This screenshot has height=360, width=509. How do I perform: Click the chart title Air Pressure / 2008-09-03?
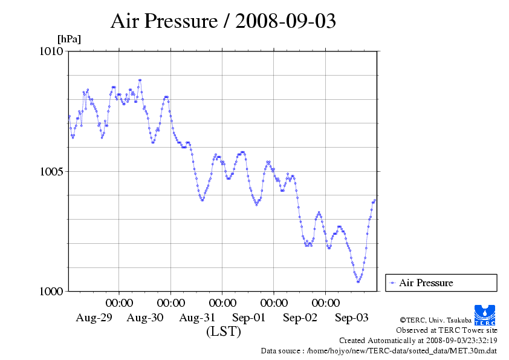pyautogui.click(x=223, y=21)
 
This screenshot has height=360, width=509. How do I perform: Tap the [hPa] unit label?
pyautogui.click(x=69, y=39)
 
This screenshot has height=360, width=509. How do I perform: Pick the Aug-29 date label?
pyautogui.click(x=94, y=318)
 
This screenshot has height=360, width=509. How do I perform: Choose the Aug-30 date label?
pyautogui.click(x=145, y=318)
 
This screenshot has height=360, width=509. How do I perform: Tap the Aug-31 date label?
pyautogui.click(x=197, y=318)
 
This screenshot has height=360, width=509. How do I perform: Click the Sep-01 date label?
pyautogui.click(x=248, y=318)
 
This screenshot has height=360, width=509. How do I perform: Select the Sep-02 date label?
pyautogui.click(x=300, y=318)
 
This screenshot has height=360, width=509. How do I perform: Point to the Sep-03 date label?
pyautogui.click(x=351, y=318)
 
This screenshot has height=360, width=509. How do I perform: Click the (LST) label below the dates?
pyautogui.click(x=223, y=332)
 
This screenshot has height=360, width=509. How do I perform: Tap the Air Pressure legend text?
pyautogui.click(x=426, y=283)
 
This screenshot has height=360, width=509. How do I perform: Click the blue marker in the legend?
pyautogui.click(x=392, y=283)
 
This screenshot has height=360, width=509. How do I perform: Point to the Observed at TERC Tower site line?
pyautogui.click(x=446, y=330)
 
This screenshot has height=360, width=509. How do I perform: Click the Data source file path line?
pyautogui.click(x=379, y=350)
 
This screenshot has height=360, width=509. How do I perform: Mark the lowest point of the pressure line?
pyautogui.click(x=358, y=281)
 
